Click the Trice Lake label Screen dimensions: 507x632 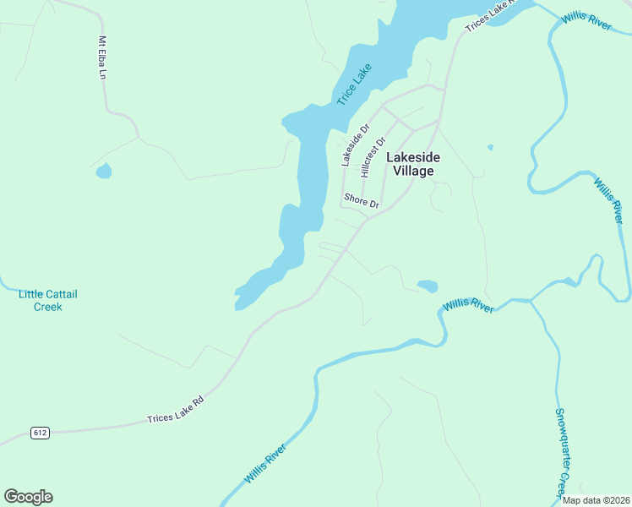[354, 85]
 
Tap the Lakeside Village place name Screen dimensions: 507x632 [413, 164]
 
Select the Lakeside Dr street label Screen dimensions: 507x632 [355, 145]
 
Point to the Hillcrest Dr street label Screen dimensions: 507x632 [373, 156]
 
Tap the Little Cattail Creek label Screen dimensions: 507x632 [48, 300]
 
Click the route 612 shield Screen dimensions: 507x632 [41, 433]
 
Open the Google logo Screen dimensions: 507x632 [28, 497]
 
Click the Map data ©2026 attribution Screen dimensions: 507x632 [596, 500]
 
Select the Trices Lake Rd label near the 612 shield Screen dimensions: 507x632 [176, 413]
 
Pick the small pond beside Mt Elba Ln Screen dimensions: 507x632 [104, 172]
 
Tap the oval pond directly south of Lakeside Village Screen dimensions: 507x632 [428, 286]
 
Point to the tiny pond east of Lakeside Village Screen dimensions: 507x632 [490, 148]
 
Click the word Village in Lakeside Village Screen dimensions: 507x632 [413, 171]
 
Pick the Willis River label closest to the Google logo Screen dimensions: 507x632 [266, 468]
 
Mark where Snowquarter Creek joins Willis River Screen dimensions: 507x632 [531, 301]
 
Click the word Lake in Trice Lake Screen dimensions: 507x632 [362, 75]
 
